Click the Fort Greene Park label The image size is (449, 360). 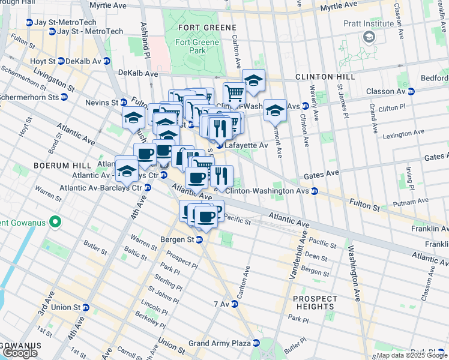[191, 47]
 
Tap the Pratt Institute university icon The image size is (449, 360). [369, 37]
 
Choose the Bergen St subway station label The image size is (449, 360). [178, 239]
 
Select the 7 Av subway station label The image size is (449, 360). [228, 304]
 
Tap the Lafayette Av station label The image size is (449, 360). [246, 145]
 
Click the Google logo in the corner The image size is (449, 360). [20, 353]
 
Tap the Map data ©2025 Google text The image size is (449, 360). [412, 355]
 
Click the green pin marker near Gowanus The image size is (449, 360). [55, 223]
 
